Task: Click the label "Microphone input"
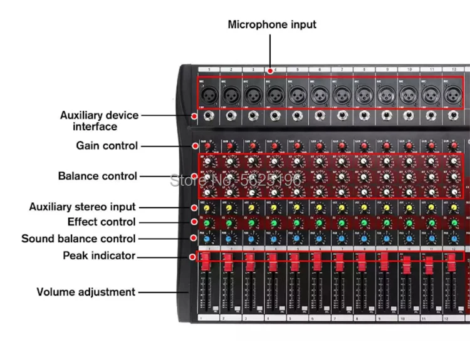[272, 25]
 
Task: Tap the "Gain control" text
[107, 146]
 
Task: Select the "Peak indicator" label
[99, 255]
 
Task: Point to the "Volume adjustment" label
[86, 292]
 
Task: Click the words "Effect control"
[102, 222]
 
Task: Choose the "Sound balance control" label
[78, 239]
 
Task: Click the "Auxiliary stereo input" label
[82, 207]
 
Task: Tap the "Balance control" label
[97, 176]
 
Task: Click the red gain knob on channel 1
[209, 147]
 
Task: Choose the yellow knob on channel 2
[230, 208]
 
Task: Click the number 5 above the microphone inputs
[296, 69]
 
